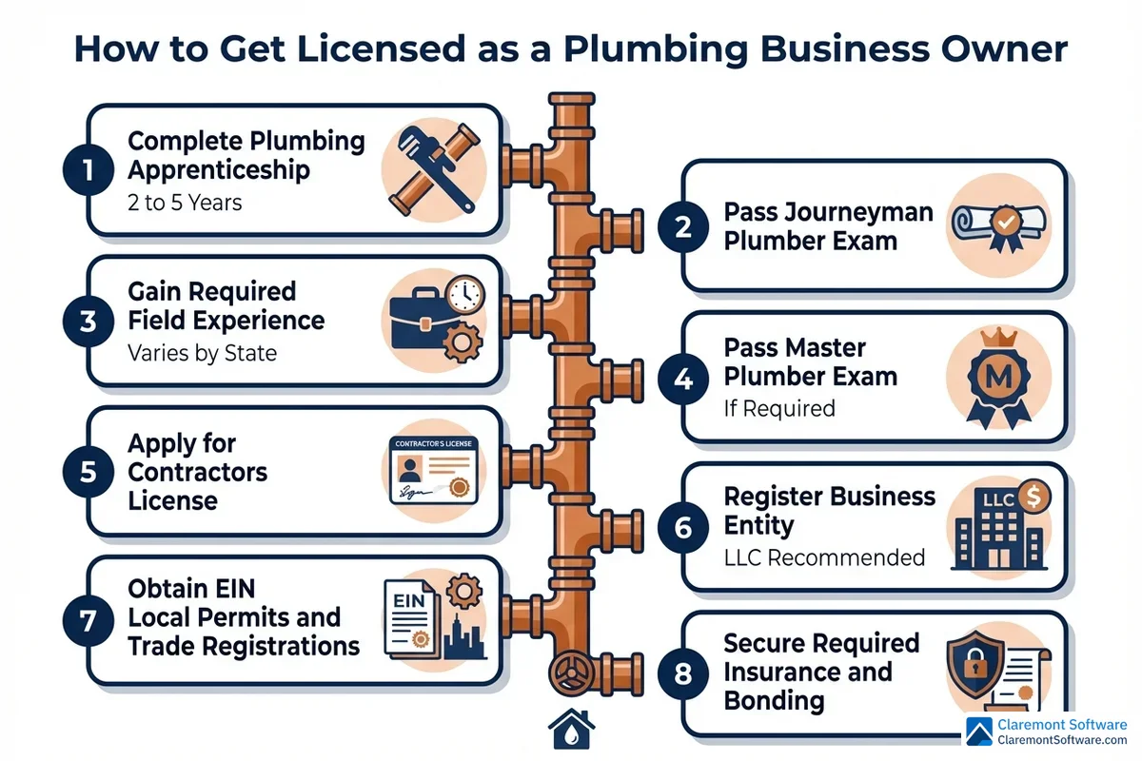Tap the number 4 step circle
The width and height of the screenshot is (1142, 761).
point(683,378)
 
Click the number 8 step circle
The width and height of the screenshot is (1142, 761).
point(683,673)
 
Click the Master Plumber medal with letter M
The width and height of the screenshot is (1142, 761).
point(998,377)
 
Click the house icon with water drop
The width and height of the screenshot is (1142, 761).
point(571,730)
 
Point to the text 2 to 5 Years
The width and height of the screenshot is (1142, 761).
point(185,202)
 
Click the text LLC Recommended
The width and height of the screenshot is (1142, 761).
point(824,556)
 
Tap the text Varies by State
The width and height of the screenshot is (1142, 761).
point(202,353)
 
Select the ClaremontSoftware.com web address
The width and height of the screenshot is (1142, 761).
point(1060,740)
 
